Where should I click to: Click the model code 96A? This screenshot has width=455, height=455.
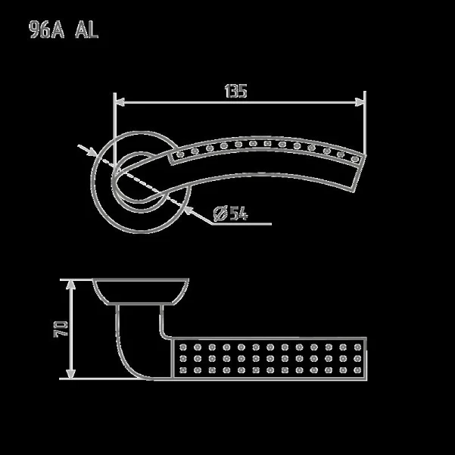pyautogui.click(x=46, y=30)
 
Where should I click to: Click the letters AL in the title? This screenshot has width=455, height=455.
pyautogui.click(x=87, y=30)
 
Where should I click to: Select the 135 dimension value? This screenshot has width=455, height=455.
pyautogui.click(x=235, y=91)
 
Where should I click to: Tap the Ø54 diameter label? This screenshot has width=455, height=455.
pyautogui.click(x=231, y=213)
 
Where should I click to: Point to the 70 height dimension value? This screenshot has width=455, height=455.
pyautogui.click(x=61, y=329)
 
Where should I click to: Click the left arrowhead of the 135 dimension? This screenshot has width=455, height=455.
pyautogui.click(x=120, y=102)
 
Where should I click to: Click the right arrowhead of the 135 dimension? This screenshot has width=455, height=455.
pyautogui.click(x=360, y=102)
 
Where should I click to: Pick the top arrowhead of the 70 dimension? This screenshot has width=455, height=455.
pyautogui.click(x=70, y=285)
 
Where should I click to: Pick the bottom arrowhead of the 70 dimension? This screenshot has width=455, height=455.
pyautogui.click(x=70, y=374)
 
